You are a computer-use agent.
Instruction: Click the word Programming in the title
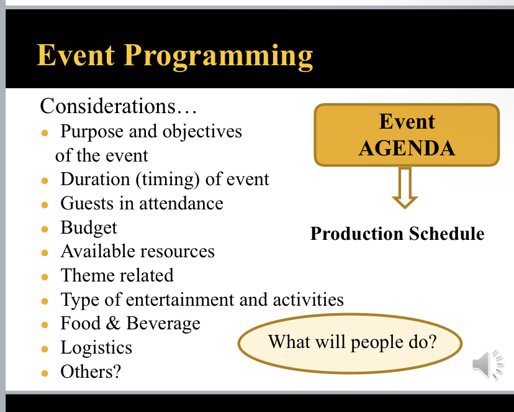[x=219, y=57]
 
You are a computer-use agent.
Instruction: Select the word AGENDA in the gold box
[x=407, y=148]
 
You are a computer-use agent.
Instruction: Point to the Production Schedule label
[x=397, y=234]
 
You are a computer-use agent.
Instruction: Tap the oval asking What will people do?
[x=351, y=342]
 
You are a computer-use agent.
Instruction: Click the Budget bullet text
[x=89, y=228]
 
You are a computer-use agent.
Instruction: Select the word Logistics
[x=96, y=347]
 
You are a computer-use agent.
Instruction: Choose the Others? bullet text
[x=91, y=372]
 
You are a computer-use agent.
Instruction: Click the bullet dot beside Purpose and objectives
[x=45, y=133]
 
